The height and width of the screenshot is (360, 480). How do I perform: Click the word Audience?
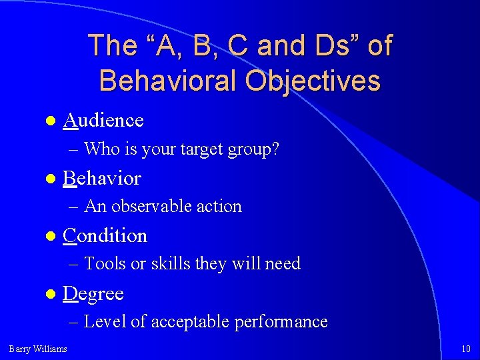103,121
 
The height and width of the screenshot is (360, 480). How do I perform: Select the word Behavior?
102,179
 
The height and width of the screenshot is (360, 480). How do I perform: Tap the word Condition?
105,236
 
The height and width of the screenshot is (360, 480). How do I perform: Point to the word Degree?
93,294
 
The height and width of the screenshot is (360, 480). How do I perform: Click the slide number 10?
466,349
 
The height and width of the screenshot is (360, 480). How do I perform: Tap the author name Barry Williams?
38,349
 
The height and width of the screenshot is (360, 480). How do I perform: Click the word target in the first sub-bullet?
201,150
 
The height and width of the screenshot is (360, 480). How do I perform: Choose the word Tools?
105,264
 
